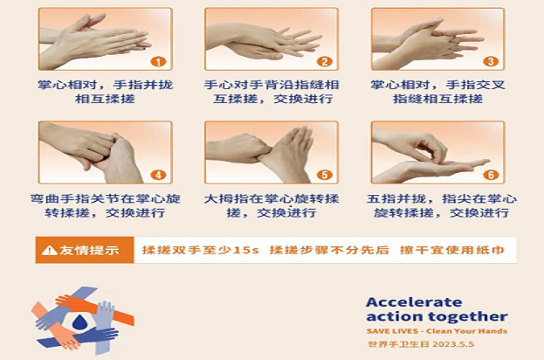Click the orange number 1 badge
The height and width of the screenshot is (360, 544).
158,62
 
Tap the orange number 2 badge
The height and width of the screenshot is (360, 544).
324,62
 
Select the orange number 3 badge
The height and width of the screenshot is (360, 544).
491,62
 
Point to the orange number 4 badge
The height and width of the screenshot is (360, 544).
158,175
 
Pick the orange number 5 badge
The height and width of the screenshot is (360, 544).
324,175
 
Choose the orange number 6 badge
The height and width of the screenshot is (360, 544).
491,175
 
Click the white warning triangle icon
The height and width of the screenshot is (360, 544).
49,250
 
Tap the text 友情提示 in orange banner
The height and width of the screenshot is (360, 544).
89,250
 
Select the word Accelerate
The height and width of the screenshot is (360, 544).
414,302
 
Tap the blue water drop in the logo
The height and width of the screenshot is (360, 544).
80,322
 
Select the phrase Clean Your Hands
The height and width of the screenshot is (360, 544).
466,331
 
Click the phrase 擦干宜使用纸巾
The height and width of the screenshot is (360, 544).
451,250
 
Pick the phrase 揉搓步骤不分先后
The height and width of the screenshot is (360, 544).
329,250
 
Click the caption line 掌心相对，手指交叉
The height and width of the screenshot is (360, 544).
437,85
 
